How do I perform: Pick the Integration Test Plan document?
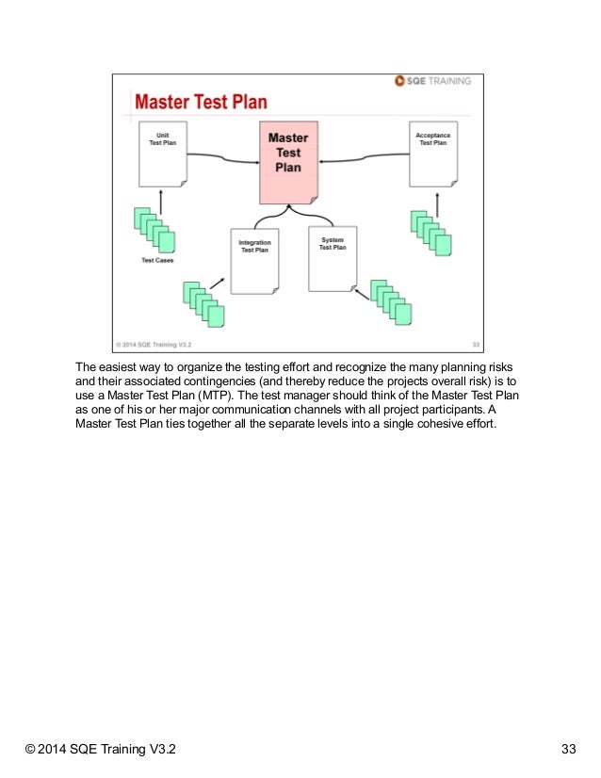pyautogui.click(x=253, y=261)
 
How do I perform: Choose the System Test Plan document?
pyautogui.click(x=332, y=258)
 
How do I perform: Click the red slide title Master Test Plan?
pyautogui.click(x=200, y=102)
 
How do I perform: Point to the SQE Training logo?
pyautogui.click(x=433, y=81)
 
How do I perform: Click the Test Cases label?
pyautogui.click(x=156, y=261)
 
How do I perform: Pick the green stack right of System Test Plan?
pyautogui.click(x=391, y=301)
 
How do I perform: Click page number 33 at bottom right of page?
pyautogui.click(x=568, y=750)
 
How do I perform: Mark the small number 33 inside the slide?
pyautogui.click(x=475, y=344)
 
